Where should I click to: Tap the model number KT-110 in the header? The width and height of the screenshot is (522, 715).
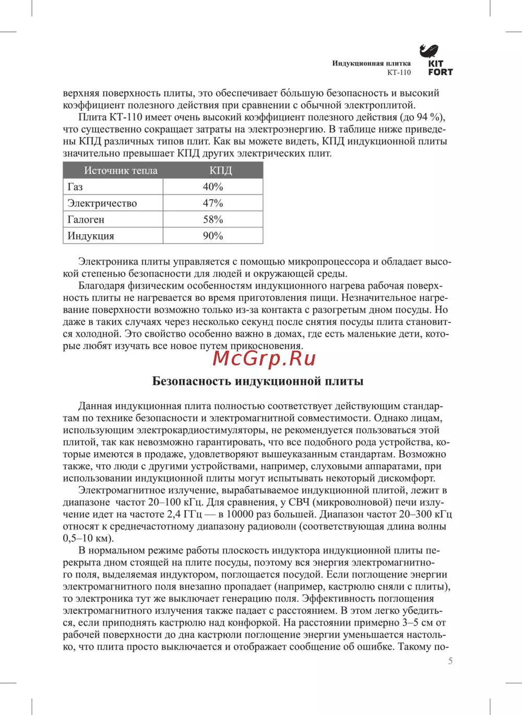point(399,73)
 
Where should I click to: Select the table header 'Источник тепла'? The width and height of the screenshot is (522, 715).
point(121,170)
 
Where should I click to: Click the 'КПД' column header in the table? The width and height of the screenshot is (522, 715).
point(220,170)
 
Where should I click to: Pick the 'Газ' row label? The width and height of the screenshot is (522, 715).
point(75,187)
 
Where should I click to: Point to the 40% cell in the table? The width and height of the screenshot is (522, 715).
point(213,187)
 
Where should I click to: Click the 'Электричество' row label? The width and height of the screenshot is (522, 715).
point(102,203)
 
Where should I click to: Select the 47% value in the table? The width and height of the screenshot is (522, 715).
point(213,203)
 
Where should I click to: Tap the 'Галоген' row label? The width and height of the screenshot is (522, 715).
point(86,220)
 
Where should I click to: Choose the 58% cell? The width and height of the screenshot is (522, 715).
point(213,220)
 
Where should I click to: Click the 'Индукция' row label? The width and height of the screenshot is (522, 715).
point(91,236)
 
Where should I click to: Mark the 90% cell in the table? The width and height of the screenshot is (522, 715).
point(213,236)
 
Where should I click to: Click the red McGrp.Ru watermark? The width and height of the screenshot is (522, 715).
point(265,359)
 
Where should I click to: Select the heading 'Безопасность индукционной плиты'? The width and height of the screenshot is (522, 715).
point(258,381)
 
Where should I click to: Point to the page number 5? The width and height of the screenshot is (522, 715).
point(450,661)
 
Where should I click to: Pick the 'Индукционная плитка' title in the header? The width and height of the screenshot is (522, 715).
point(371,63)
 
